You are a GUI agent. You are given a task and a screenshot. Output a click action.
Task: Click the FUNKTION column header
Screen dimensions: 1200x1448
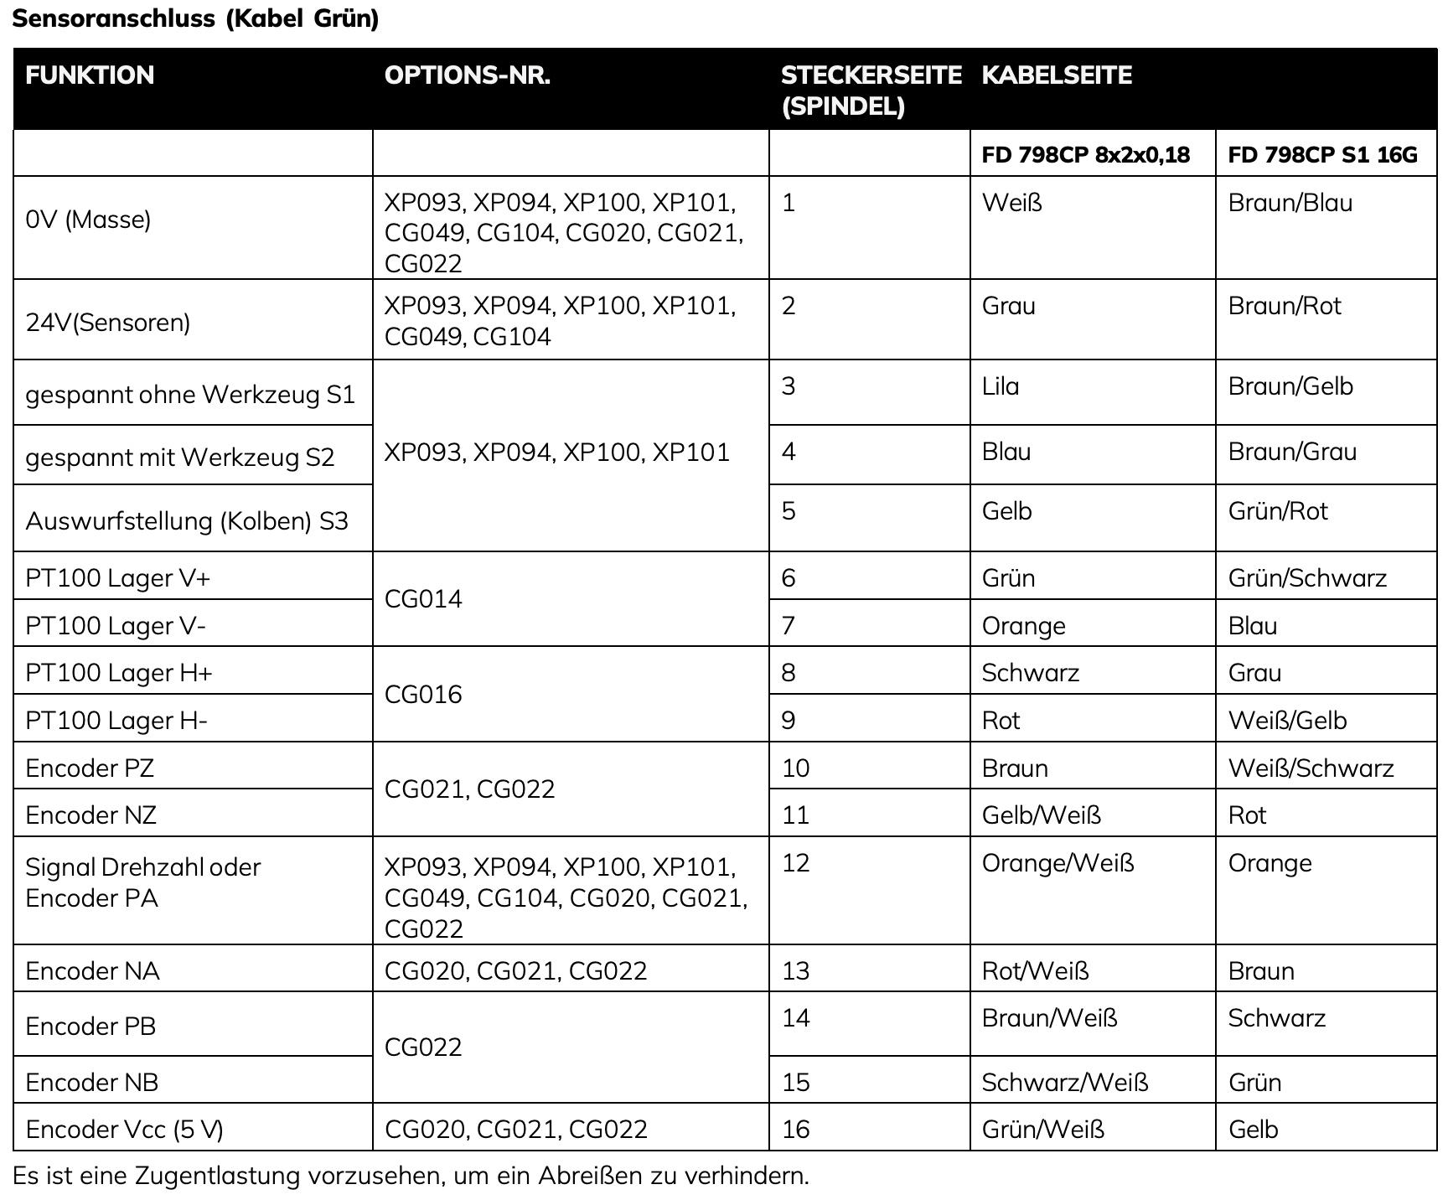pos(90,75)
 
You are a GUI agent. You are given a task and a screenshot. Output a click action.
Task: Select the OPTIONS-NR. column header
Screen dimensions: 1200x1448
pos(467,75)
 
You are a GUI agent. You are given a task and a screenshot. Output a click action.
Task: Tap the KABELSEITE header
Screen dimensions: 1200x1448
pos(1056,75)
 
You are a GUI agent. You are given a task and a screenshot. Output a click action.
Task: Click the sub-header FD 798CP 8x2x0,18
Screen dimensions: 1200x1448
pos(1085,155)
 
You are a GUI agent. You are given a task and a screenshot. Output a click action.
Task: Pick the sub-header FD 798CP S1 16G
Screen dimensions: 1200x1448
pos(1322,155)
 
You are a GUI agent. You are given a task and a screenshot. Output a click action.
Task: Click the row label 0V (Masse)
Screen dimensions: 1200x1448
pos(88,220)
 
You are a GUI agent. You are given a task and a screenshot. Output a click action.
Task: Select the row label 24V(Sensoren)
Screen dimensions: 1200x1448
pos(108,323)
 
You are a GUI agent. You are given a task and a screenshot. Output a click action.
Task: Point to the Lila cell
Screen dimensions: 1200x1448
pos(1001,386)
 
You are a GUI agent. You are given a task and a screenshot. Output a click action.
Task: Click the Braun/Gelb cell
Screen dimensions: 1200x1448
pos(1290,386)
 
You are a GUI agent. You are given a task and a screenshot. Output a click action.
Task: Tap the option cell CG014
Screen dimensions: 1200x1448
pos(423,599)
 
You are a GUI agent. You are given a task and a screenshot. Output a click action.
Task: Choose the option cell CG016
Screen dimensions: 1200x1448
pos(423,694)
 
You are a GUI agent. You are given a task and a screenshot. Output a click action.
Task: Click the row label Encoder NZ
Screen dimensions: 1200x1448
pos(91,815)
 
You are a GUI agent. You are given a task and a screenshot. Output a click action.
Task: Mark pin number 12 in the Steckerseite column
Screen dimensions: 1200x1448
pos(795,863)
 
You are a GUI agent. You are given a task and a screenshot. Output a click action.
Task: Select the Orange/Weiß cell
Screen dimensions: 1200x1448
pos(1058,863)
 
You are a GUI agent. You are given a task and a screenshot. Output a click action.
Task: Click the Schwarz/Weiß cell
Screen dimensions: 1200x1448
pos(1064,1082)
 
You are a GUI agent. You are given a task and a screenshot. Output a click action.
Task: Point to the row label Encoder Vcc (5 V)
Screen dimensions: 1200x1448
pos(125,1130)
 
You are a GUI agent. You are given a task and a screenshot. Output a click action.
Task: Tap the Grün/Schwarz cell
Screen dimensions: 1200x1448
pos(1307,578)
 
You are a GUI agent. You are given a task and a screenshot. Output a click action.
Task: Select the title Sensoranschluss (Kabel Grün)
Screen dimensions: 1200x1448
pos(196,18)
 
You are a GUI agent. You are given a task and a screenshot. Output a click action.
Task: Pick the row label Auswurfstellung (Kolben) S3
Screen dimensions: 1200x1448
pos(187,521)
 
